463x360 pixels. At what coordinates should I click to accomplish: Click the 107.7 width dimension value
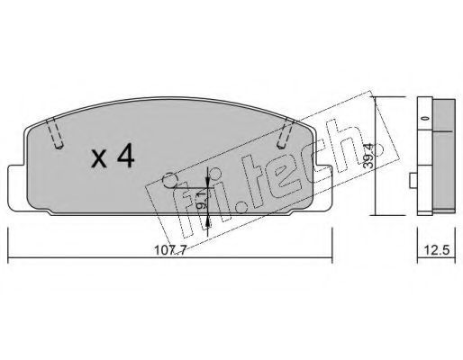170,249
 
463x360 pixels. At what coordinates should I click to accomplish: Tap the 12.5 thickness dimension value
437,249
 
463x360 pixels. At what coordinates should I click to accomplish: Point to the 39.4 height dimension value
368,156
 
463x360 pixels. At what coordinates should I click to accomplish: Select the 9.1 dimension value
203,201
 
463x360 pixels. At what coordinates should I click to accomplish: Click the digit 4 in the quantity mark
126,157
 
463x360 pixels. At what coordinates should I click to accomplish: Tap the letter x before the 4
99,159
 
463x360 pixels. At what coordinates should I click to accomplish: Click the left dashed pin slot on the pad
55,133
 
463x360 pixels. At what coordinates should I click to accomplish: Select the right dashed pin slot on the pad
285,133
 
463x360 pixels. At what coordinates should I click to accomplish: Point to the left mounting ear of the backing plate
17,186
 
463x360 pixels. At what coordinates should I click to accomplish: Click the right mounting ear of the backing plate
322,186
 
